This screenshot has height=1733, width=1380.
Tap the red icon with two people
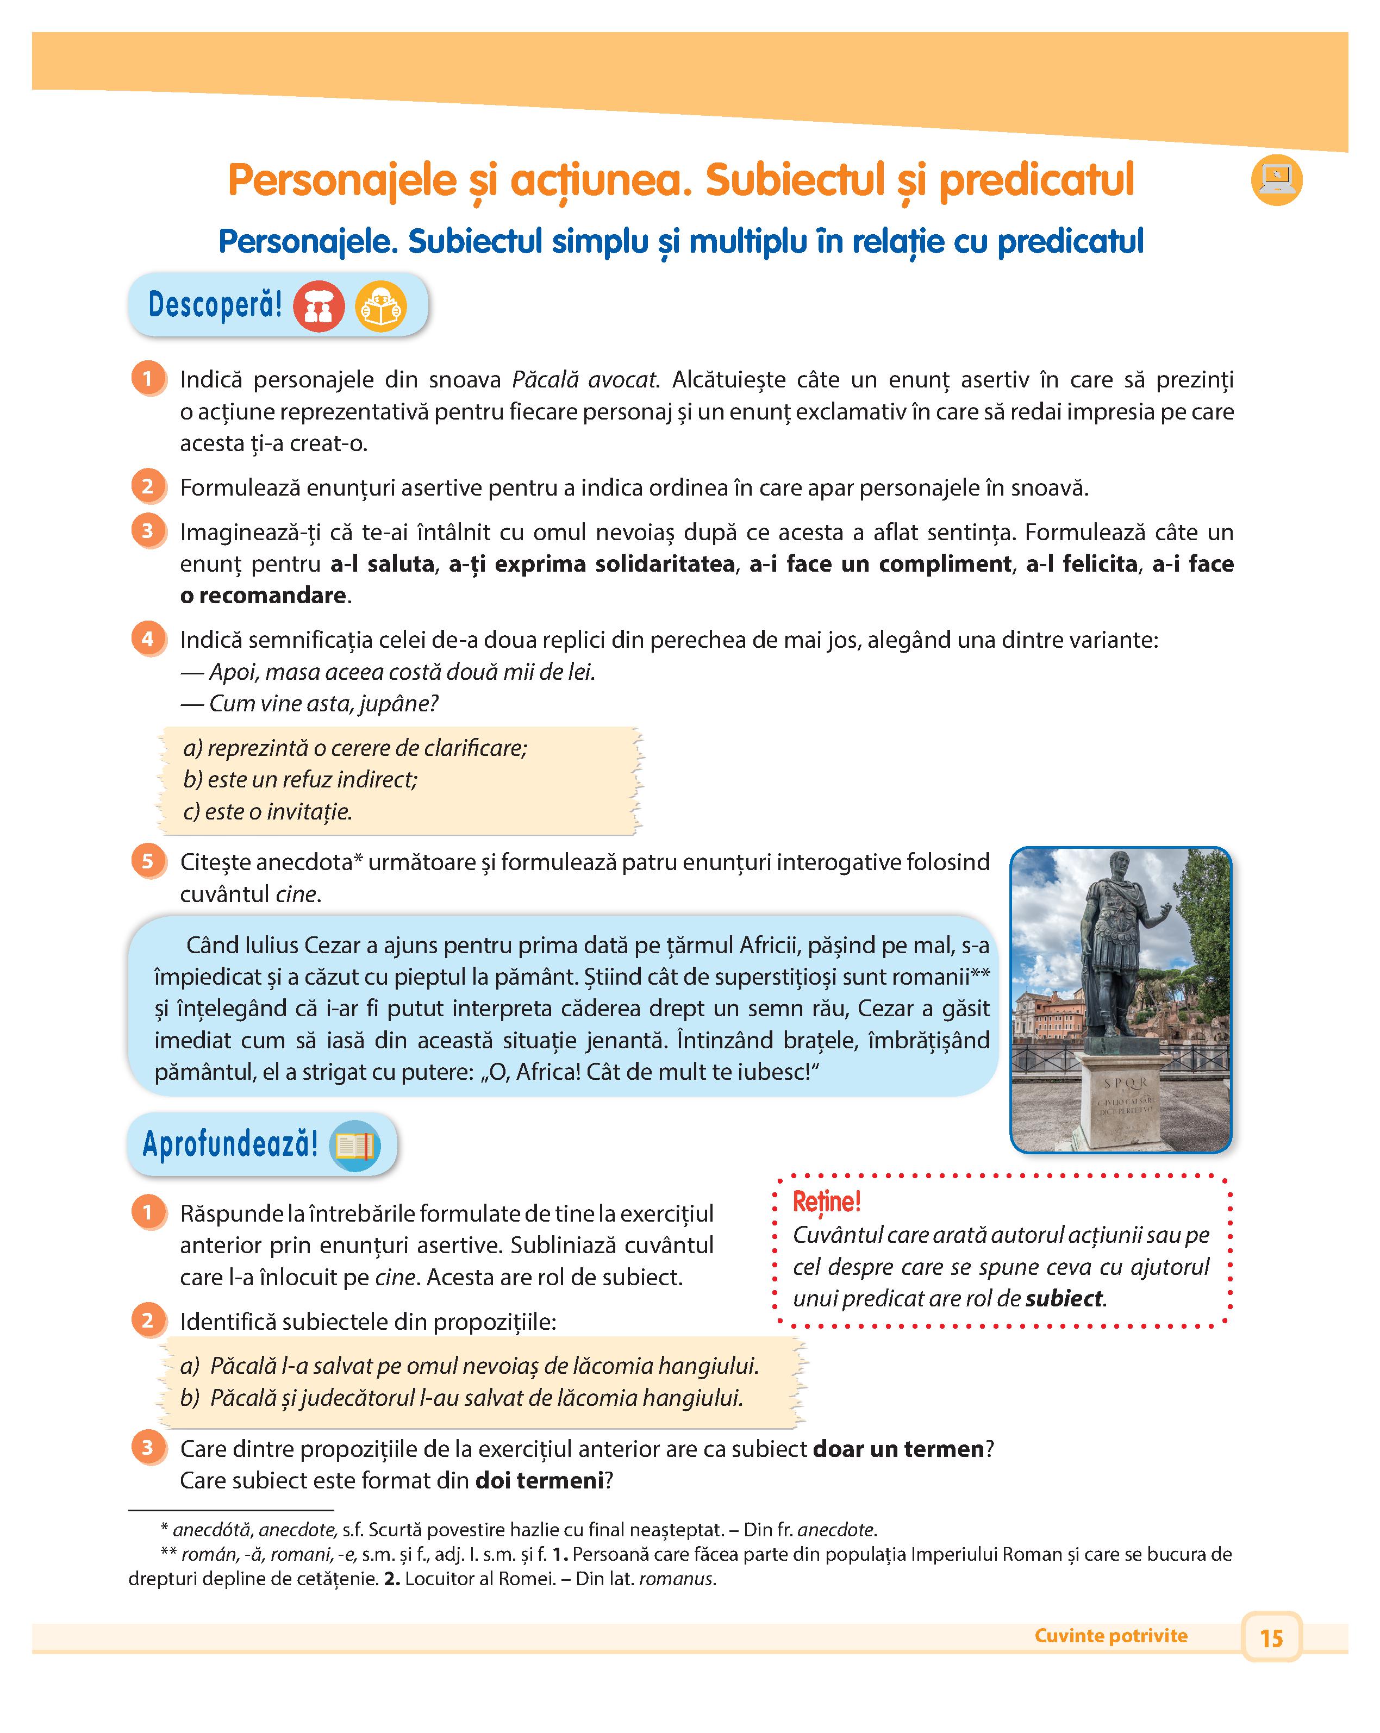tap(319, 306)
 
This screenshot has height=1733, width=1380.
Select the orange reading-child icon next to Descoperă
tap(381, 306)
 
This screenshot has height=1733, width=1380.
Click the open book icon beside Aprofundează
tap(354, 1144)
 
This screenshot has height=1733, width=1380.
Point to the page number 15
tap(1271, 1637)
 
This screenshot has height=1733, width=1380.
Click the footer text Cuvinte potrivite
tap(1111, 1636)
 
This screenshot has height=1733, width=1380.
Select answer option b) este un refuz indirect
tap(301, 779)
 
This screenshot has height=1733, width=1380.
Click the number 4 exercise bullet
tap(148, 639)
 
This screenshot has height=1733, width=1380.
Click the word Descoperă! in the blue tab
tap(215, 305)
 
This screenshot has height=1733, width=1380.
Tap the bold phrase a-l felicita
tap(1081, 564)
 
